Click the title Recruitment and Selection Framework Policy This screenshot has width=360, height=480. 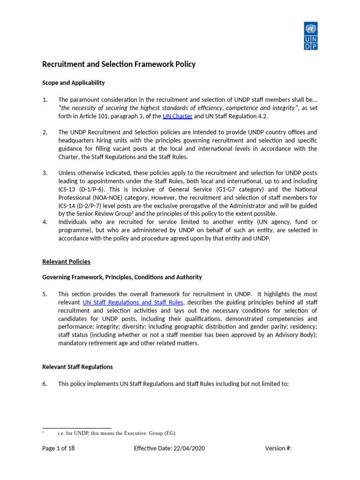tap(119, 64)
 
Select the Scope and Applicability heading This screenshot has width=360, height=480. tap(74, 83)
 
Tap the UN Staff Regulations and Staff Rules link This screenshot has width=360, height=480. tap(133, 302)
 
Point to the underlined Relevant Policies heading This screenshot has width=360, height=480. tap(67, 262)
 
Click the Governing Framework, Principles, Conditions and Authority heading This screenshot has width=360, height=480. tap(122, 277)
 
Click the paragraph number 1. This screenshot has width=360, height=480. tap(45, 100)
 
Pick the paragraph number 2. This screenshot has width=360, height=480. tap(45, 132)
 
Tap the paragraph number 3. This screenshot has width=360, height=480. tap(45, 173)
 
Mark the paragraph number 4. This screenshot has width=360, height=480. tap(45, 222)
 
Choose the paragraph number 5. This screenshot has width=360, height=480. tap(45, 294)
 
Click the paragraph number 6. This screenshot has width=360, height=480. tap(45, 383)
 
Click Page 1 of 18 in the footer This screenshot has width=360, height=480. tap(59, 448)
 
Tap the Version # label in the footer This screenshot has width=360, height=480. tap(278, 448)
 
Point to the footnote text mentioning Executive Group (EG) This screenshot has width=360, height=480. tap(116, 433)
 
